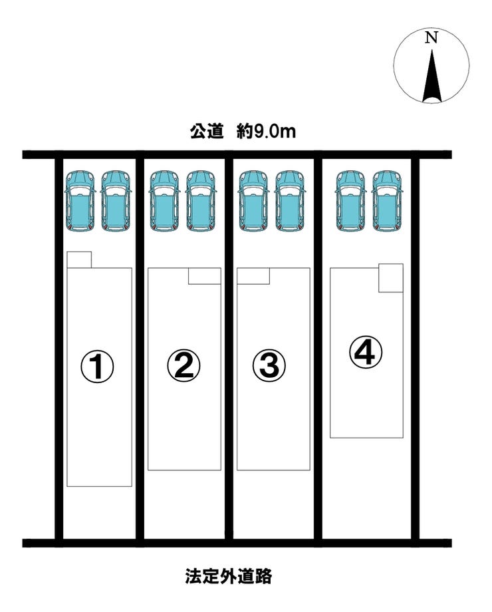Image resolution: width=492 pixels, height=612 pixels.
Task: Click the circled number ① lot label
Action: (97, 366)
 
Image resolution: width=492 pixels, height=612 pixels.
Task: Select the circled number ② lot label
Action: (184, 366)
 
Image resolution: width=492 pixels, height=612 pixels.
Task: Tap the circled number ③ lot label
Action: (269, 366)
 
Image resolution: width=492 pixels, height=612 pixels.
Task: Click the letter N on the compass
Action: (431, 38)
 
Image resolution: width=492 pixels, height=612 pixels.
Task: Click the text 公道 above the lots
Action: (206, 132)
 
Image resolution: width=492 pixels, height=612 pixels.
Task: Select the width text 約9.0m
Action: (266, 132)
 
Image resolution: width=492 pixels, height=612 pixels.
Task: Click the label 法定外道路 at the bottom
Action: (228, 575)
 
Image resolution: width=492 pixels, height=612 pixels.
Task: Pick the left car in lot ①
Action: (80, 202)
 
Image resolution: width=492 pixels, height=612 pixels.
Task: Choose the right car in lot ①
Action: (116, 202)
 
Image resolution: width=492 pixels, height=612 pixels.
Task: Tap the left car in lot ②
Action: (165, 202)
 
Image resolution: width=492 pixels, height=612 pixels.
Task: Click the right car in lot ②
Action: (201, 202)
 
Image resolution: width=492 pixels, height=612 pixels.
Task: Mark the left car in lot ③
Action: (253, 202)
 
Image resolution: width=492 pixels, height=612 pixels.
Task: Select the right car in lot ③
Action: (290, 202)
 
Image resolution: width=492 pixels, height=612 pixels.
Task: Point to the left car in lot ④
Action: (351, 202)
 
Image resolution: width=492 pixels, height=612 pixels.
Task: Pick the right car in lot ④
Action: (387, 202)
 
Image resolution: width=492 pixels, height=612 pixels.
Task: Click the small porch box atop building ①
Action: (79, 259)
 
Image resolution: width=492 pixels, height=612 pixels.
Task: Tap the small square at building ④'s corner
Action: (391, 278)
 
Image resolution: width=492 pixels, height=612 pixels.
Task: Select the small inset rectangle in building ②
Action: (205, 276)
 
